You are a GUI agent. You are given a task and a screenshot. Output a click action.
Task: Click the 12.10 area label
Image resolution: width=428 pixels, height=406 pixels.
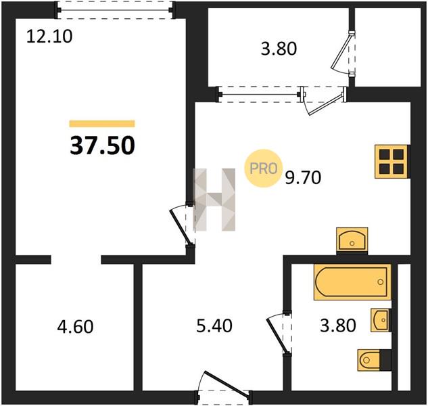pyautogui.click(x=49, y=37)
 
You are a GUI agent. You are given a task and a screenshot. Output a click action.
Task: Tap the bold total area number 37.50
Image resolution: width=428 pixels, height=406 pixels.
pyautogui.click(x=102, y=145)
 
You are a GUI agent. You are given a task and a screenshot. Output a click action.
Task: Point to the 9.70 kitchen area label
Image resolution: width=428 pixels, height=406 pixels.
pyautogui.click(x=303, y=177)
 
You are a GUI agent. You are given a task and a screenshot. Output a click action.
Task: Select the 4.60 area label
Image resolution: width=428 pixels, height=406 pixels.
pyautogui.click(x=75, y=327)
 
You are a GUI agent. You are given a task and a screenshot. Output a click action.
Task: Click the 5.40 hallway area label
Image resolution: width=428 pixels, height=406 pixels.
pyautogui.click(x=214, y=325)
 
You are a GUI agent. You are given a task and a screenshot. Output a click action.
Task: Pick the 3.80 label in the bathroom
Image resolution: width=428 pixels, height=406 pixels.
pyautogui.click(x=338, y=325)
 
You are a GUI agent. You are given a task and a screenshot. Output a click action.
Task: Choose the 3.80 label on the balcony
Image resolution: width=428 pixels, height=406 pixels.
pyautogui.click(x=279, y=49)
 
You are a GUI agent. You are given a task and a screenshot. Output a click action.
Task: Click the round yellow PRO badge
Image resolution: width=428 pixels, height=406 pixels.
pyautogui.click(x=264, y=168)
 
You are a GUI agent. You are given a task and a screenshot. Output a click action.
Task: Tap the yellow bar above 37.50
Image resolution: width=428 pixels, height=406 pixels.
pyautogui.click(x=102, y=124)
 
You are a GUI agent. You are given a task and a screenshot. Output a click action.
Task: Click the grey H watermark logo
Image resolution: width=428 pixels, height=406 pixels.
pyautogui.click(x=214, y=200)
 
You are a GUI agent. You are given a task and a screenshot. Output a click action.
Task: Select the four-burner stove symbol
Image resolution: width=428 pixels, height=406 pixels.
pyautogui.click(x=391, y=162)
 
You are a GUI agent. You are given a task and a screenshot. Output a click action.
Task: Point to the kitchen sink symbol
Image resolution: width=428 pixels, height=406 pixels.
pyautogui.click(x=352, y=240)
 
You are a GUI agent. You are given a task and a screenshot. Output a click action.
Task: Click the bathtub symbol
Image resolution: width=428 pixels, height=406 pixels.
pyautogui.click(x=352, y=282)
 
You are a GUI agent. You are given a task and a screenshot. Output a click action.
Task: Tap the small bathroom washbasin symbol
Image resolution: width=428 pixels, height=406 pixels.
pyautogui.click(x=380, y=320)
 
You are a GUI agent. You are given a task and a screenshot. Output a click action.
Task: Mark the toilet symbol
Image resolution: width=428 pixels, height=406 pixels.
pyautogui.click(x=368, y=360)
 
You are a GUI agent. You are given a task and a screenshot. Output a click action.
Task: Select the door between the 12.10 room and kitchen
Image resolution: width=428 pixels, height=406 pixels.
pyautogui.click(x=182, y=224)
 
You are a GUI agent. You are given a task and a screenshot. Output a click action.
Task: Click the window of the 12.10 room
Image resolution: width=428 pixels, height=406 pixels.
pyautogui.click(x=115, y=10)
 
